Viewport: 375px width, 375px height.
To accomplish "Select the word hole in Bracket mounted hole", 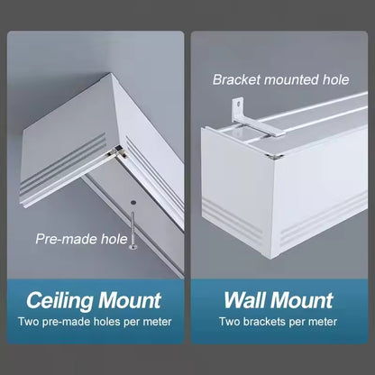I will (x=338, y=78).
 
